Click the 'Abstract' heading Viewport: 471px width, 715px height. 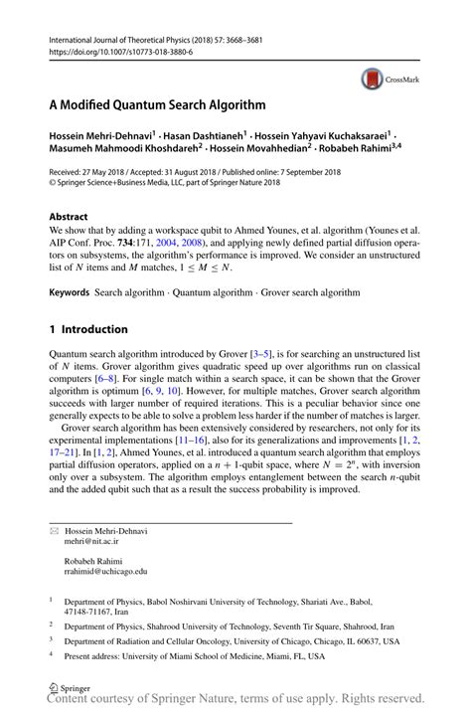pyautogui.click(x=69, y=216)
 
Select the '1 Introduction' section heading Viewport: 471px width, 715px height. pyautogui.click(x=88, y=329)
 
